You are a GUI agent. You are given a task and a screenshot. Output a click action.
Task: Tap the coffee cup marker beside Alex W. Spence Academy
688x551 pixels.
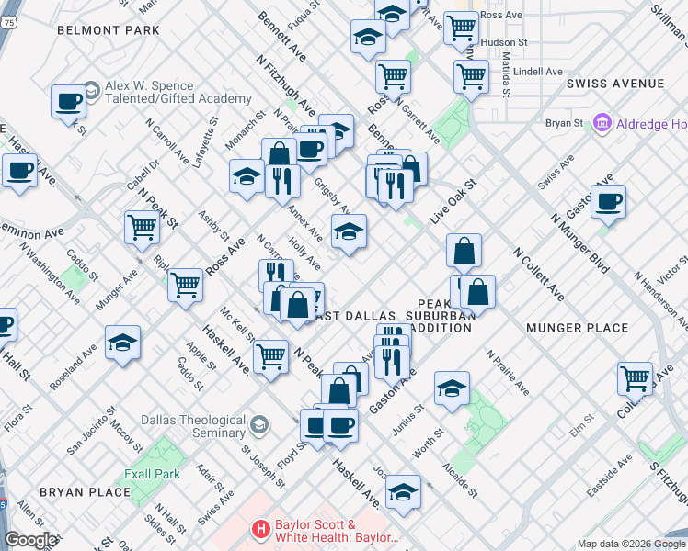coord(68,102)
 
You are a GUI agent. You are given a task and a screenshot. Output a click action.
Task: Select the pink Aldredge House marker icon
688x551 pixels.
coord(603,122)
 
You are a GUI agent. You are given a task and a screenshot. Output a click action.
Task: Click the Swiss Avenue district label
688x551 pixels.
coord(615,84)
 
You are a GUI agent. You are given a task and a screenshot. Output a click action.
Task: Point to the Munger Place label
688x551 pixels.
coord(577,328)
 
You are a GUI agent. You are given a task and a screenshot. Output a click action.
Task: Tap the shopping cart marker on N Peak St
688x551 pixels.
coord(142,226)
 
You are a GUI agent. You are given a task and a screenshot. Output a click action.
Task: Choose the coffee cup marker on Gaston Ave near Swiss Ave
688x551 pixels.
coord(608,201)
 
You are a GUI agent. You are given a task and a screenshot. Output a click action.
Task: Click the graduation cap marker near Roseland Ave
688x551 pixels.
coord(122,343)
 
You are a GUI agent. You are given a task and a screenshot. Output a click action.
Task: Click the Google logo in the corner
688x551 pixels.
coord(29,540)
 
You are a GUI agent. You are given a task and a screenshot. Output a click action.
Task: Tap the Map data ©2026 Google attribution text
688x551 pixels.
coord(631,544)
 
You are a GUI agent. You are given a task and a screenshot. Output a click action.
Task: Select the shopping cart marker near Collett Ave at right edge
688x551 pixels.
coord(636,377)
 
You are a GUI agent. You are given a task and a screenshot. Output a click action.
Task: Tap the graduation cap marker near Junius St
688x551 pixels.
coord(452,389)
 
